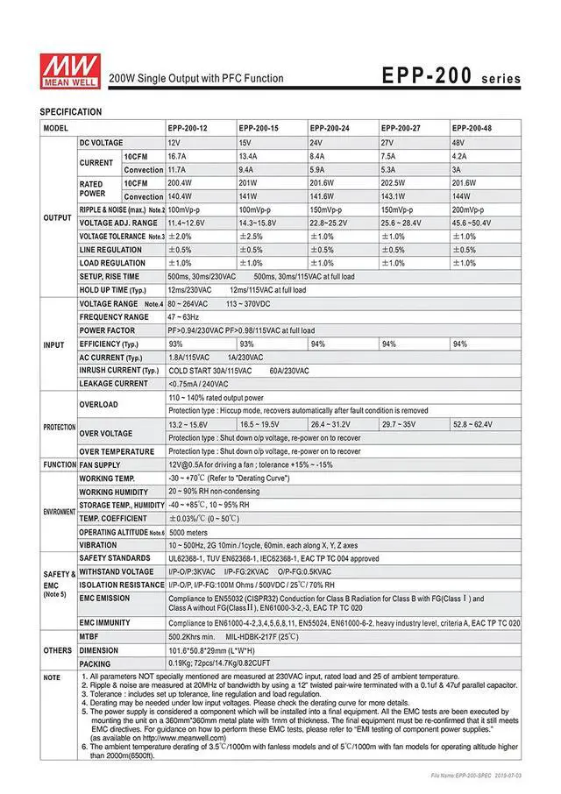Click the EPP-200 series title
pyautogui.click(x=451, y=77)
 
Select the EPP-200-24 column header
pyautogui.click(x=330, y=129)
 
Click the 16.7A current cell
pyautogui.click(x=177, y=156)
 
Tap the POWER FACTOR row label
pyautogui.click(x=107, y=330)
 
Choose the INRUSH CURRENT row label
pyautogui.click(x=119, y=371)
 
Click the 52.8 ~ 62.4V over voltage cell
pyautogui.click(x=472, y=424)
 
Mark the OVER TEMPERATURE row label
pyautogui.click(x=117, y=450)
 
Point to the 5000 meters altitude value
pyautogui.click(x=188, y=532)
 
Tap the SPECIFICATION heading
pyautogui.click(x=71, y=112)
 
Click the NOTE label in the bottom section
pyautogui.click(x=53, y=677)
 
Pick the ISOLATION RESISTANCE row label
pyautogui.click(x=122, y=585)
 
